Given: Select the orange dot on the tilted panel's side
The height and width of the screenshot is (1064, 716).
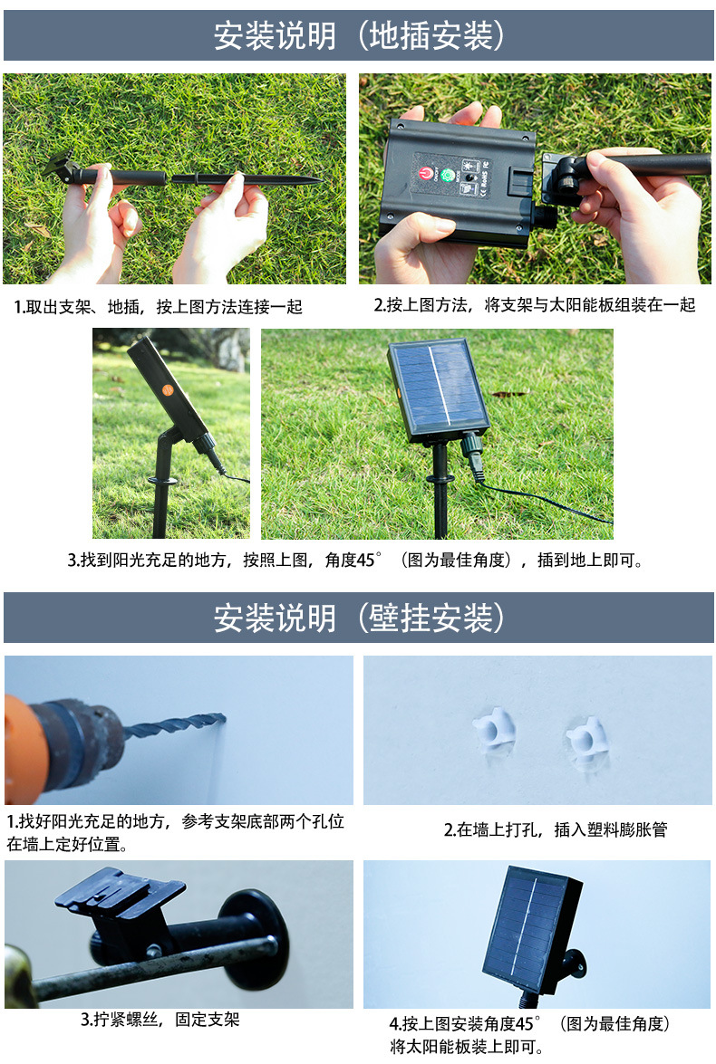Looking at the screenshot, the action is pyautogui.click(x=167, y=390).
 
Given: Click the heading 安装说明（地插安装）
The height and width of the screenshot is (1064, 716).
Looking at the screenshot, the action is pyautogui.click(x=359, y=35).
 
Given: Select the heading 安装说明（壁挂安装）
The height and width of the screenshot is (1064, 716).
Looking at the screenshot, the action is pyautogui.click(x=359, y=618).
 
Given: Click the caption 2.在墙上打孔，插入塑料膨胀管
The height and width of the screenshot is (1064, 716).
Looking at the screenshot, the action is pyautogui.click(x=556, y=829).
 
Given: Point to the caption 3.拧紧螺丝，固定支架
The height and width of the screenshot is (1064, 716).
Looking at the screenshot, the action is pyautogui.click(x=160, y=1020).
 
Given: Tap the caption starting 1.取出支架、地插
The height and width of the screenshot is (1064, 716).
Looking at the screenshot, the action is pyautogui.click(x=159, y=307).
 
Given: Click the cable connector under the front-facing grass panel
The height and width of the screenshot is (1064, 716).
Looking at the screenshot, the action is pyautogui.click(x=473, y=452).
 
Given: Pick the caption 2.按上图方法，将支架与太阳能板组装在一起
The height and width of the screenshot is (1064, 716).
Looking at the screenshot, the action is pyautogui.click(x=535, y=304).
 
